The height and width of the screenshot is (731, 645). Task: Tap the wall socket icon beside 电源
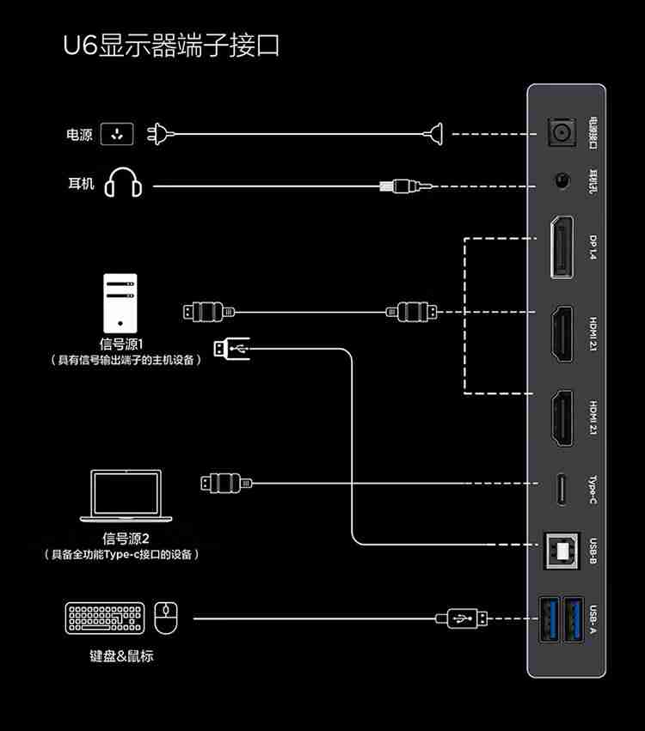(x=118, y=134)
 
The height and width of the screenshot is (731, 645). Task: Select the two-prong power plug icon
(x=159, y=134)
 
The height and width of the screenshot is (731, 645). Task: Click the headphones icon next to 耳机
(x=123, y=183)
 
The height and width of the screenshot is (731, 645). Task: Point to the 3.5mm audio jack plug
(x=404, y=186)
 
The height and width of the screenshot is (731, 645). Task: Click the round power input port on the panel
(x=562, y=133)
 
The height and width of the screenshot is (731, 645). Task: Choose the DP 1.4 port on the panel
(x=562, y=247)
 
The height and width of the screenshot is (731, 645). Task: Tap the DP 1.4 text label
(x=593, y=247)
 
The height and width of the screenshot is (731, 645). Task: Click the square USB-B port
(x=562, y=550)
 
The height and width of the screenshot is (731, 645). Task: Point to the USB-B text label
(x=593, y=550)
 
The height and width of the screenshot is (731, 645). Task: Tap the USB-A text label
(x=593, y=617)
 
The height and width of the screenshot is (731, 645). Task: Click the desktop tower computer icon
(x=120, y=303)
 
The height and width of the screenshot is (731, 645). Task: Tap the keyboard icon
(x=105, y=618)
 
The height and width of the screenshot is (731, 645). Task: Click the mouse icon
(x=166, y=617)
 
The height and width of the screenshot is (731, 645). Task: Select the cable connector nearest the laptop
(x=225, y=483)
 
